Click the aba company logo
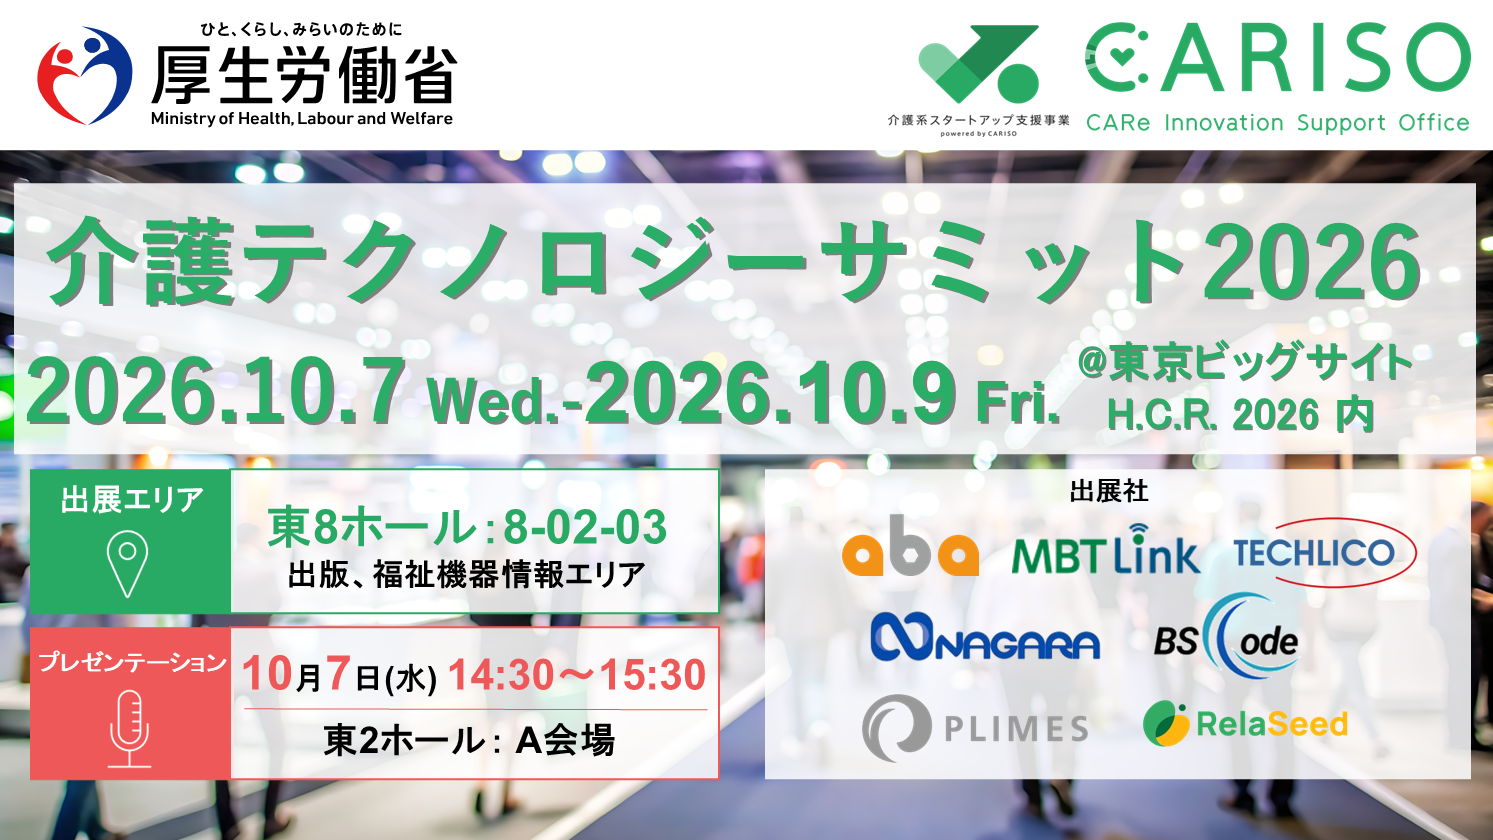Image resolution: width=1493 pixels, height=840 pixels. tap(910, 547)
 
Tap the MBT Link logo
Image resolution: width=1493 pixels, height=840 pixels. tap(1106, 549)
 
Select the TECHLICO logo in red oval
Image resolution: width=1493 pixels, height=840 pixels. tap(1324, 553)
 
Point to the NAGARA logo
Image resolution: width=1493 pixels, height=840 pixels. tap(985, 637)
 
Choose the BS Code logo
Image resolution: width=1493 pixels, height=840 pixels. tap(1226, 637)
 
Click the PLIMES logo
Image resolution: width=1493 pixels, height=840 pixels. tap(975, 727)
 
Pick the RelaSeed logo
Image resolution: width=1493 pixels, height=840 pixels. tap(1245, 724)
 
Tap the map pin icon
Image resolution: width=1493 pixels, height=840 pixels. tap(127, 563)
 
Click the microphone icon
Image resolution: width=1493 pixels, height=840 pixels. tap(129, 729)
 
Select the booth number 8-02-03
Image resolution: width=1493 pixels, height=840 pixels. tap(585, 527)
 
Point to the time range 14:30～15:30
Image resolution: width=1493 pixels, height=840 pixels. tap(577, 675)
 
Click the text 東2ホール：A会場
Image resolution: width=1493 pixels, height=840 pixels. tap(469, 740)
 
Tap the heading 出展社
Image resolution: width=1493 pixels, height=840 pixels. tap(1108, 491)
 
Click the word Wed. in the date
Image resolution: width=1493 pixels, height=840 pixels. tap(493, 401)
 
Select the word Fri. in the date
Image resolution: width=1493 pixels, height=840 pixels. tap(1018, 401)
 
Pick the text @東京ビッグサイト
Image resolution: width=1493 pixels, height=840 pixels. tap(1245, 362)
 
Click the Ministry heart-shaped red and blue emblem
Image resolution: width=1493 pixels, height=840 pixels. tap(85, 75)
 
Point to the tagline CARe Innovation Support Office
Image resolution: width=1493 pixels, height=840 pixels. tap(1278, 123)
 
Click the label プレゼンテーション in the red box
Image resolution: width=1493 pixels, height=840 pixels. tap(132, 662)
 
